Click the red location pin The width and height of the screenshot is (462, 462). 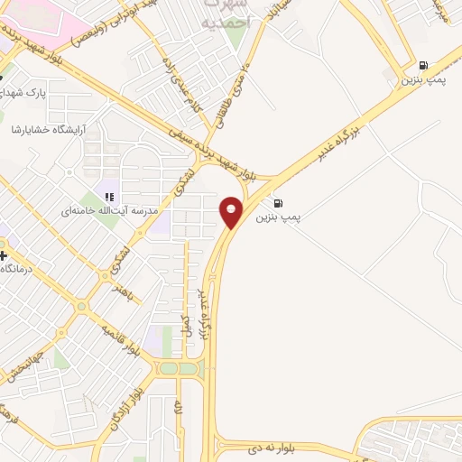click(x=232, y=211)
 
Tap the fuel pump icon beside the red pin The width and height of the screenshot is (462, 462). click(x=276, y=202)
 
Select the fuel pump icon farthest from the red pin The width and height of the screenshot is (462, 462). click(x=423, y=65)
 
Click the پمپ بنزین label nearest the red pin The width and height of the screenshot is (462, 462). click(x=276, y=217)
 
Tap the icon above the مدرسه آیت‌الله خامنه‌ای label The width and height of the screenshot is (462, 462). click(x=109, y=196)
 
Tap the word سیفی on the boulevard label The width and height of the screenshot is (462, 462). click(x=200, y=137)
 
